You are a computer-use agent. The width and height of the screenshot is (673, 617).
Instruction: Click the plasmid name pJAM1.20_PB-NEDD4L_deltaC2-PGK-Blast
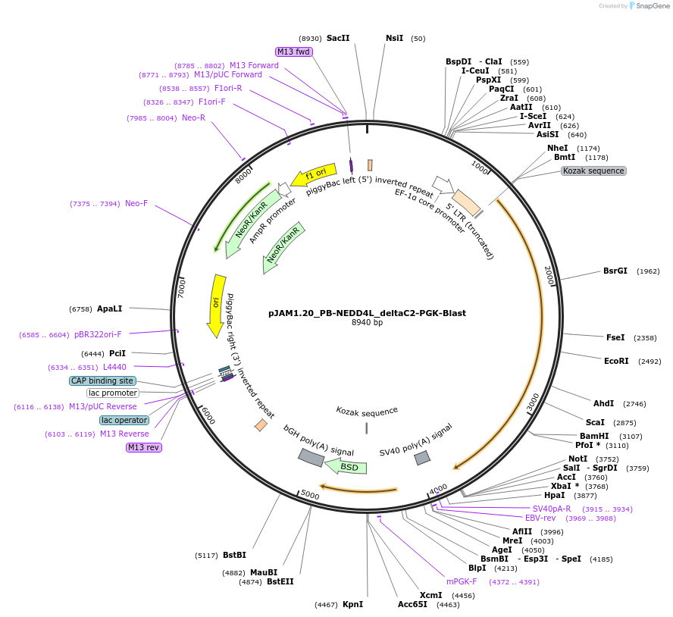point(367,312)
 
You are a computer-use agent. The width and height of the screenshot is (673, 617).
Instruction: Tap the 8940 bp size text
point(367,323)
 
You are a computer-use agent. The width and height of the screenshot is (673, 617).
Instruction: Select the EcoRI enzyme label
point(615,361)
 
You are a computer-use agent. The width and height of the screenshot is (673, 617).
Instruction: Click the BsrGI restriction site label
point(615,271)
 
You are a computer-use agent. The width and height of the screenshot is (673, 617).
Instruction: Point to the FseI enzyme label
point(615,337)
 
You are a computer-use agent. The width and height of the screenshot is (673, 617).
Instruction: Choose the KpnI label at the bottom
point(352,604)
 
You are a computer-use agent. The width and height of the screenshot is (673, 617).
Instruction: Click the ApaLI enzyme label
point(109,308)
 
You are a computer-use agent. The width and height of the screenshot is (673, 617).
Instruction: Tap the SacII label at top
point(338,38)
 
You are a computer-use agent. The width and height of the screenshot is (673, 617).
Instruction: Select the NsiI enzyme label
point(394,38)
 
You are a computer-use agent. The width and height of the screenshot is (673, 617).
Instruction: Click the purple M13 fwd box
point(293,52)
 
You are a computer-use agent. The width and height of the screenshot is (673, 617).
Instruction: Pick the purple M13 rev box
point(143,447)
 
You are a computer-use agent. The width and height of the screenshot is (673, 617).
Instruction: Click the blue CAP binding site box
point(102,381)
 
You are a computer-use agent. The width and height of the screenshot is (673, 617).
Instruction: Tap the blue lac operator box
point(124,420)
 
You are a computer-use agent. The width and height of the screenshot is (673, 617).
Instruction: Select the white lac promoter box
point(113,393)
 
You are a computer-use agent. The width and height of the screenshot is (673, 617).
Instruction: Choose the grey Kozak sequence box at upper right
point(593,171)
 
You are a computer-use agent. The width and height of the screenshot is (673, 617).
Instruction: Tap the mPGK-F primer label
point(462,581)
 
